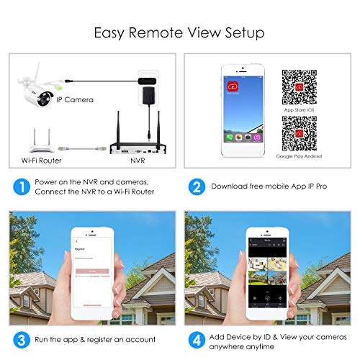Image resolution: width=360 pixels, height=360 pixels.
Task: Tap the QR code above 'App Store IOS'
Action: point(296,83)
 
